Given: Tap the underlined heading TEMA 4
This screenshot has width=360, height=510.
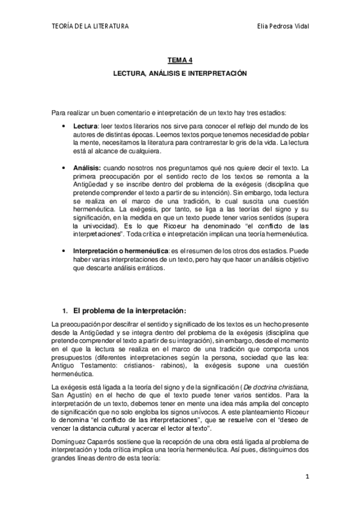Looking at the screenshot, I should (180, 60).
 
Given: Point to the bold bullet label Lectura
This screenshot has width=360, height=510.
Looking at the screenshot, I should (85, 126).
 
